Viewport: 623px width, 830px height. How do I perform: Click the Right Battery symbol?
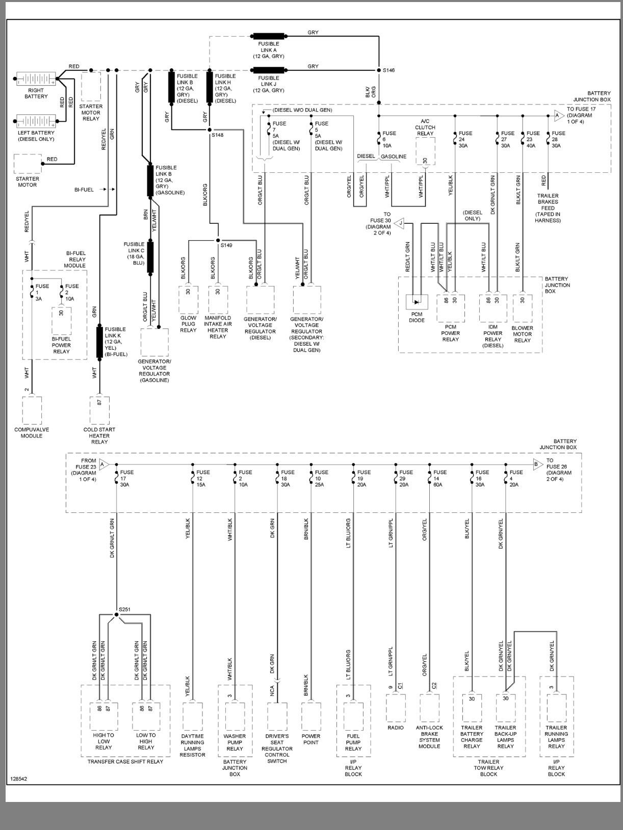point(36,80)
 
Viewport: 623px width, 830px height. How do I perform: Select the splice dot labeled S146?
point(379,70)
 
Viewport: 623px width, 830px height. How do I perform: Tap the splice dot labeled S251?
point(116,614)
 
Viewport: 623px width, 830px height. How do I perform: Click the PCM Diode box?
point(417,302)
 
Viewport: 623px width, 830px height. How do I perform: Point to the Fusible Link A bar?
point(268,36)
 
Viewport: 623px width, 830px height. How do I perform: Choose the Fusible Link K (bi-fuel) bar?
point(99,342)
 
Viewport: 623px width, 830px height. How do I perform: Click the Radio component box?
point(396,708)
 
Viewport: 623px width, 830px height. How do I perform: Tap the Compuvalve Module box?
point(32,410)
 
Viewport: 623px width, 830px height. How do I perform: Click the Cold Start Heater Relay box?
point(99,410)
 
